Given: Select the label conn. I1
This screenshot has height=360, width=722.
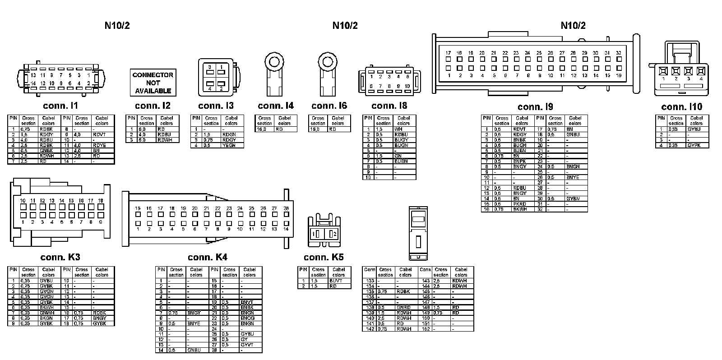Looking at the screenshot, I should coord(60,106).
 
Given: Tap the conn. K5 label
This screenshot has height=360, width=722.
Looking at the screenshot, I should coord(324,257).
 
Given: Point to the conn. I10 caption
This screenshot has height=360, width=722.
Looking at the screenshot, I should coord(681,107).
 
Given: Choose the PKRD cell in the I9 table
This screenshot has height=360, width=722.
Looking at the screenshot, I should coord(520,204).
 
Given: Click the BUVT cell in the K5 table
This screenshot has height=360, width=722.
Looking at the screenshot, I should coord(336,281).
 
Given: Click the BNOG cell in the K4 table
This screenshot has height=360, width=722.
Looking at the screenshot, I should coord(247,318).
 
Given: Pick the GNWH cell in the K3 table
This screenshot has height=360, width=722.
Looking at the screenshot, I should coord(46,313).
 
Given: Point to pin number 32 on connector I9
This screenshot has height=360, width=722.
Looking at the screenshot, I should coord(619,53).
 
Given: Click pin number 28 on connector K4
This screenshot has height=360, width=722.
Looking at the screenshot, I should coord(286,208).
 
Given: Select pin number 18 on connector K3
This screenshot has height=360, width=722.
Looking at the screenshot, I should coord(101,201).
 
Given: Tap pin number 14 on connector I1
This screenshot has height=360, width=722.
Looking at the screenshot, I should coord(33,83).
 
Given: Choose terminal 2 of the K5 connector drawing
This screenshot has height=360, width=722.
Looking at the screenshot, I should coord(334,234).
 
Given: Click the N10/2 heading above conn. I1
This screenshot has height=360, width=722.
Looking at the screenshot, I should coord(117,25).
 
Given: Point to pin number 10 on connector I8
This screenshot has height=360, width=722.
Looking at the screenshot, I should coord(407,86).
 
